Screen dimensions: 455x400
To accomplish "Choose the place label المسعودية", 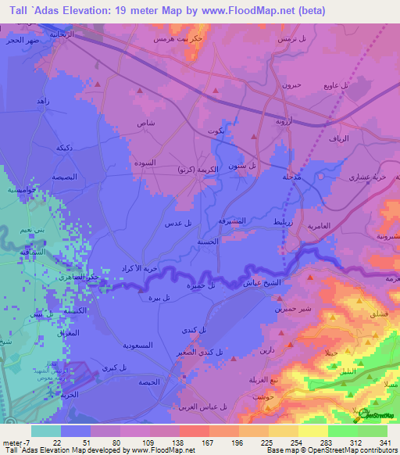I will [142, 344].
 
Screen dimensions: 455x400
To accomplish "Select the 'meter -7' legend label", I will [17, 442].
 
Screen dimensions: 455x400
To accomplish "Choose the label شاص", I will [146, 123].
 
